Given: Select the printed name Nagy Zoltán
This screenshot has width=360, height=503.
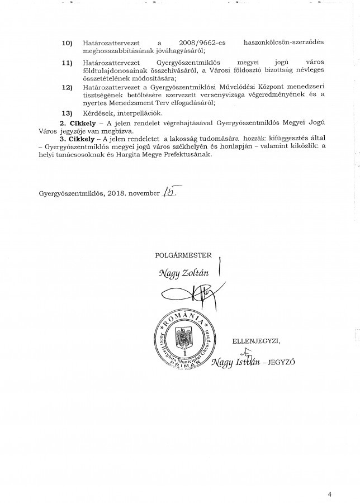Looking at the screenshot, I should pyautogui.click(x=182, y=274).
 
